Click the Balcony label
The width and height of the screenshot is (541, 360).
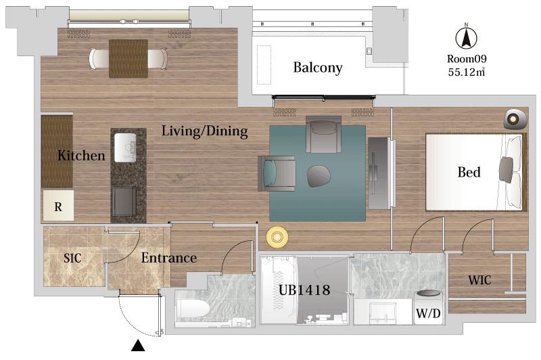[x=318, y=68]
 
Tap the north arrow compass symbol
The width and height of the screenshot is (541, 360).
[x=466, y=37]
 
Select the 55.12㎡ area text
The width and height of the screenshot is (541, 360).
[x=467, y=72]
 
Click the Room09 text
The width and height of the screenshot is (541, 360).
[x=467, y=59]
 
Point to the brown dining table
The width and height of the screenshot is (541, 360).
[x=128, y=58]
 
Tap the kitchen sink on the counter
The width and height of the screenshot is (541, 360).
[x=125, y=148]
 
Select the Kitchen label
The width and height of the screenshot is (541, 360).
[x=81, y=156]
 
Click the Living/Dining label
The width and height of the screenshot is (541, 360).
[x=205, y=131]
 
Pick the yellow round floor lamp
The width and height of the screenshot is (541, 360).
[x=277, y=237]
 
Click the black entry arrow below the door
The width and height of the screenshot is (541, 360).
[x=138, y=346]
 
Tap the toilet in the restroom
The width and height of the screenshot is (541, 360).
[x=192, y=308]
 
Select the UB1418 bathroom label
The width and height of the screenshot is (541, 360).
[x=304, y=290]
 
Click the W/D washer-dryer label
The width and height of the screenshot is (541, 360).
[x=428, y=313]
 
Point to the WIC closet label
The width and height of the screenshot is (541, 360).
[x=479, y=280]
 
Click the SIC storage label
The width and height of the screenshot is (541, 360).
[x=72, y=258]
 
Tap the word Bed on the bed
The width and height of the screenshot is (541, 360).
[x=469, y=172]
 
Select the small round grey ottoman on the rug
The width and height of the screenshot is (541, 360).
[x=319, y=177]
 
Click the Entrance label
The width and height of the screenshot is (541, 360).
[x=168, y=258]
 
